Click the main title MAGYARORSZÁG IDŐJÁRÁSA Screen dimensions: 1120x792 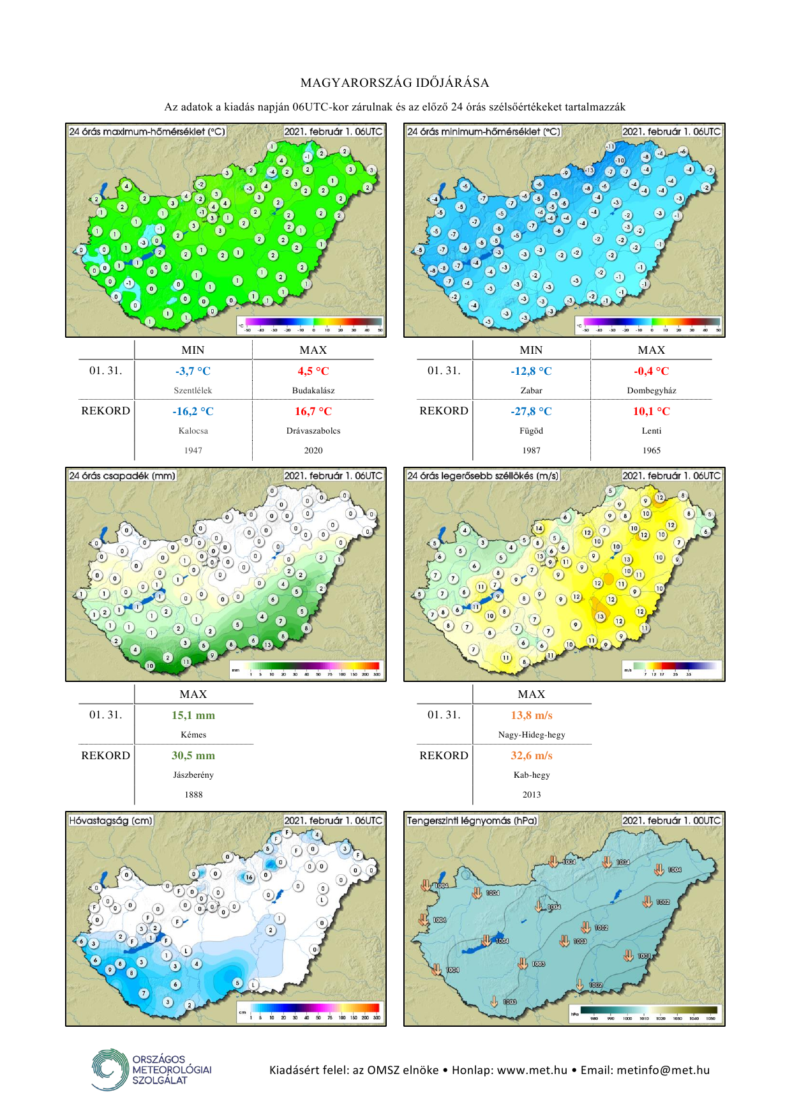point(395,83)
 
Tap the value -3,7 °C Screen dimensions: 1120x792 point(193,371)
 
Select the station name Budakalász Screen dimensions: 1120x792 point(313,390)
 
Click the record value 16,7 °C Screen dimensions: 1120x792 point(313,411)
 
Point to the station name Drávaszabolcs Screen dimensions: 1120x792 point(313,430)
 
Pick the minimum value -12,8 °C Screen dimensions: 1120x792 point(531,371)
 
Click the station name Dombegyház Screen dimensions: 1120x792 point(651,390)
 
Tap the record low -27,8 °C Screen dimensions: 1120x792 point(531,411)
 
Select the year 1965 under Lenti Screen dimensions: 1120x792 point(651,450)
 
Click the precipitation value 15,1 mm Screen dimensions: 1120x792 point(193,715)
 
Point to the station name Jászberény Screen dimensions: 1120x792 point(193,775)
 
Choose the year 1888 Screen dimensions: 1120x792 point(193,794)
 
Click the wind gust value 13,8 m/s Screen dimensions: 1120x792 point(531,715)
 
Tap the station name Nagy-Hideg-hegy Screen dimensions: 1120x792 point(531,734)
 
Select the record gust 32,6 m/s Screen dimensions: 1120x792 point(531,755)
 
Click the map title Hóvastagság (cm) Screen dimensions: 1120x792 point(110,821)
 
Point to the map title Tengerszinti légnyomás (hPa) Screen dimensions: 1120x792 point(472,821)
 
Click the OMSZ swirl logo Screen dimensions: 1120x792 point(109,1069)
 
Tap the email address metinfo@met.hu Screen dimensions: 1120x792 point(663,1070)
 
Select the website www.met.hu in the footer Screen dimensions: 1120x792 point(532,1070)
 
